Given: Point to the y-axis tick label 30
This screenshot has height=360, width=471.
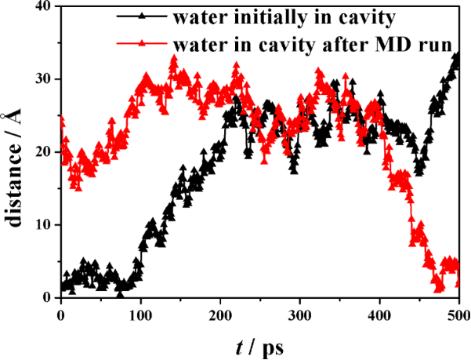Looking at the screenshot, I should coord(44,79).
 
